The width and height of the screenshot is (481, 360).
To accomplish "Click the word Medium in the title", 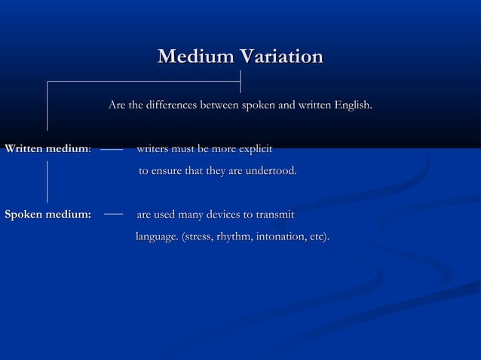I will pyautogui.click(x=195, y=56).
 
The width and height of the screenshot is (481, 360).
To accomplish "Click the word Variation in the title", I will pyautogui.click(x=280, y=56).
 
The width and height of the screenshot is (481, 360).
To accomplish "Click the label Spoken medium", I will pyautogui.click(x=47, y=215).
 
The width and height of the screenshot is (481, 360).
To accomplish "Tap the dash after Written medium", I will pyautogui.click(x=112, y=150).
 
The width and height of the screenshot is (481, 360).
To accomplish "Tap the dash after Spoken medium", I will pyautogui.click(x=113, y=215).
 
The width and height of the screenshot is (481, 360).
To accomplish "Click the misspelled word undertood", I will pyautogui.click(x=268, y=172).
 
